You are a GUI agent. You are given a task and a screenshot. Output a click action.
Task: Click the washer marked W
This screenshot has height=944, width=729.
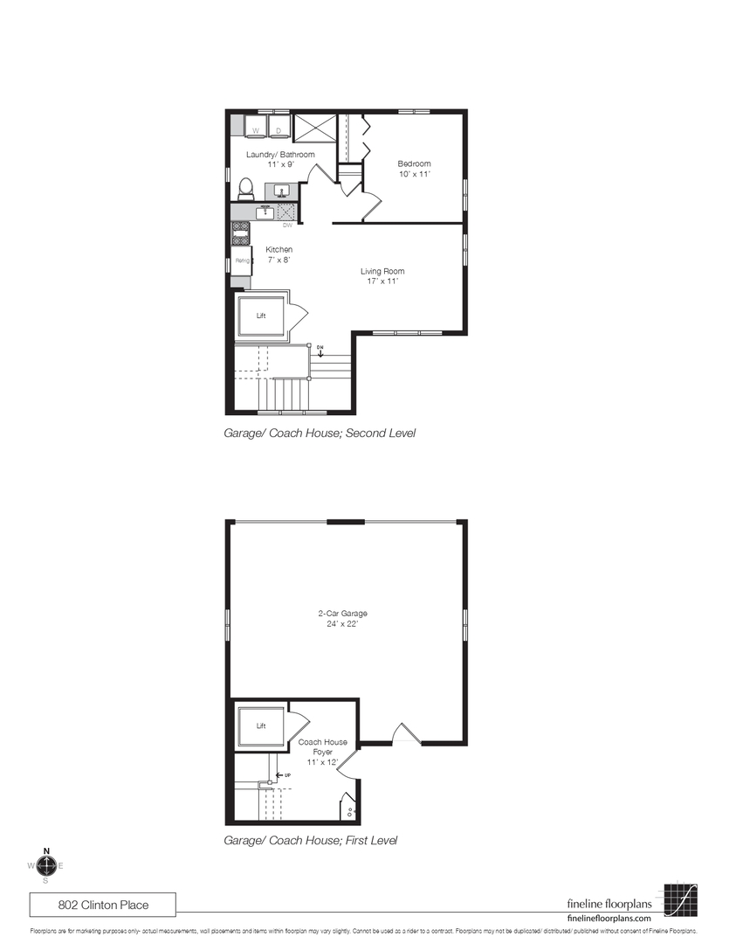pos(256,128)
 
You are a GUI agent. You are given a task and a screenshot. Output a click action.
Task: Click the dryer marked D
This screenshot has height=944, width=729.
pos(279,128)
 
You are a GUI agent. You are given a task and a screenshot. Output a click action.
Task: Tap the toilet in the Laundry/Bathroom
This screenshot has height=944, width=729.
pos(245,188)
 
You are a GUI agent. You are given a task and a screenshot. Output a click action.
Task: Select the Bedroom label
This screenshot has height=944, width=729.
pos(414,164)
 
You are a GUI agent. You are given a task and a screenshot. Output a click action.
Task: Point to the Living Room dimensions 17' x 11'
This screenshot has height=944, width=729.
pos(382,281)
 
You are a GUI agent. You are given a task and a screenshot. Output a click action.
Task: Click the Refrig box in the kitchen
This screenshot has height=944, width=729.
pos(241,260)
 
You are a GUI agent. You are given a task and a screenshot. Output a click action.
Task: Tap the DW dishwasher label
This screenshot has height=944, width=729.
pos(287,226)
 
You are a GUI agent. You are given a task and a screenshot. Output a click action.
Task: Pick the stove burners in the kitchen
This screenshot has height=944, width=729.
pos(241,232)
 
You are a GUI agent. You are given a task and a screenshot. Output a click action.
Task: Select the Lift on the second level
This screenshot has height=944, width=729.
pos(261,316)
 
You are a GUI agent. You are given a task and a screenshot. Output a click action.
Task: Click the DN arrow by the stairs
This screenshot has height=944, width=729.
pos(320,351)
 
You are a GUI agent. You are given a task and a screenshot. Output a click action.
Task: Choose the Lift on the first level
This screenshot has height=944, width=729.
pos(261,726)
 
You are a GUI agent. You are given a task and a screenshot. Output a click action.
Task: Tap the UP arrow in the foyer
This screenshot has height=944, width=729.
pos(283,775)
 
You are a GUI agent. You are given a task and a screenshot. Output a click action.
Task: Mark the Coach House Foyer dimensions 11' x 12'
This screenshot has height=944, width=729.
pos(322,762)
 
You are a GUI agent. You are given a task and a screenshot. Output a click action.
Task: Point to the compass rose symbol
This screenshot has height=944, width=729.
pos(47,865)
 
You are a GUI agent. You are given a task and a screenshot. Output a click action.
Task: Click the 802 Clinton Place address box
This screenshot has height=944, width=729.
pos(104,904)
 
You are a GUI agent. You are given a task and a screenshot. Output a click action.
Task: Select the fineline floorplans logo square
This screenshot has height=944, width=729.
pos(680,899)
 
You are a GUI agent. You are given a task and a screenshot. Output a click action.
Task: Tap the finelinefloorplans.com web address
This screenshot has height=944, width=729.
pos(609,919)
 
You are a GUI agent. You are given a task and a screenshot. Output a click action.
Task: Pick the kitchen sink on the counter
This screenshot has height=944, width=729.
pos(265,212)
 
